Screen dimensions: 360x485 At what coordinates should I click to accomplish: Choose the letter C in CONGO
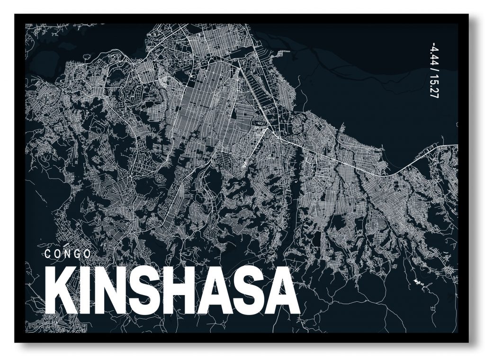coord(47,253)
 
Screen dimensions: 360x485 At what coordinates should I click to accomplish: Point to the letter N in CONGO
coord(67,253)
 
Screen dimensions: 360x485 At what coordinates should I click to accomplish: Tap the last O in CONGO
coord(88,253)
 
